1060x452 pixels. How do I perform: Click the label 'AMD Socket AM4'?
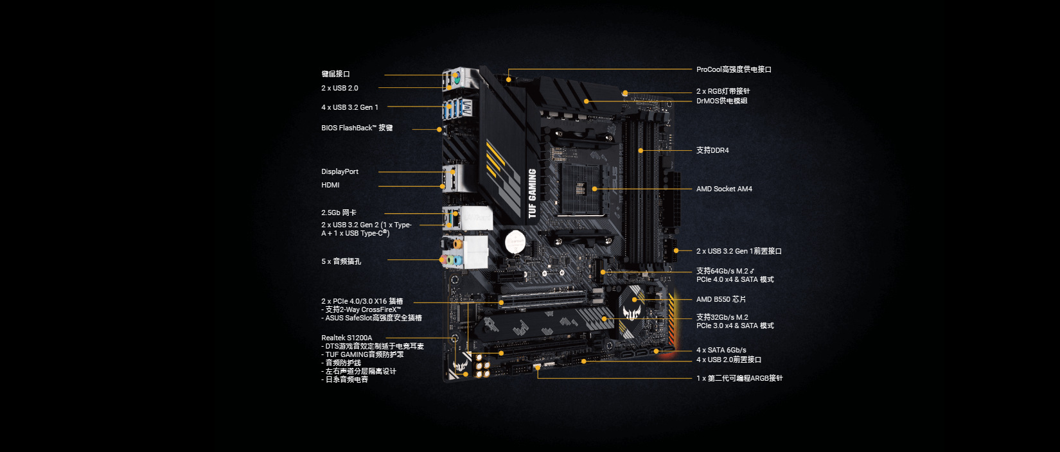(724, 189)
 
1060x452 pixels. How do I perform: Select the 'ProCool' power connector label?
(734, 69)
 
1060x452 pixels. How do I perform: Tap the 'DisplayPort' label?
(340, 171)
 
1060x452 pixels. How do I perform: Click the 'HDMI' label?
(330, 185)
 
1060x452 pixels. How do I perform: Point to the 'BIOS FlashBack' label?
(357, 128)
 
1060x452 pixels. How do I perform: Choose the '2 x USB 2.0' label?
(340, 88)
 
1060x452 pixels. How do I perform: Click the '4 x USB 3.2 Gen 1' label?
(349, 107)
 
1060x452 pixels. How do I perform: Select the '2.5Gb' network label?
(339, 213)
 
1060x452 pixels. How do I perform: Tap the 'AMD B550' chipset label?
(721, 299)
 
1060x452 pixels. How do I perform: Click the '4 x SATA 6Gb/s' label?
(721, 350)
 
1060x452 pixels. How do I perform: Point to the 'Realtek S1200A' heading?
(346, 338)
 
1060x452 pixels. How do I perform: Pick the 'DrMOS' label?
(721, 101)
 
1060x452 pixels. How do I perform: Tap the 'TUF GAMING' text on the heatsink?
(533, 193)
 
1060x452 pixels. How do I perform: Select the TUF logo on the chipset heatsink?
(633, 313)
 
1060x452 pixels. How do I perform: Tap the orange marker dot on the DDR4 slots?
(640, 150)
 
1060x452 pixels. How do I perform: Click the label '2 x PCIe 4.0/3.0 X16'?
(362, 301)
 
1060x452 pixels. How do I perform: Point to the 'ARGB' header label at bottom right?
(739, 378)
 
